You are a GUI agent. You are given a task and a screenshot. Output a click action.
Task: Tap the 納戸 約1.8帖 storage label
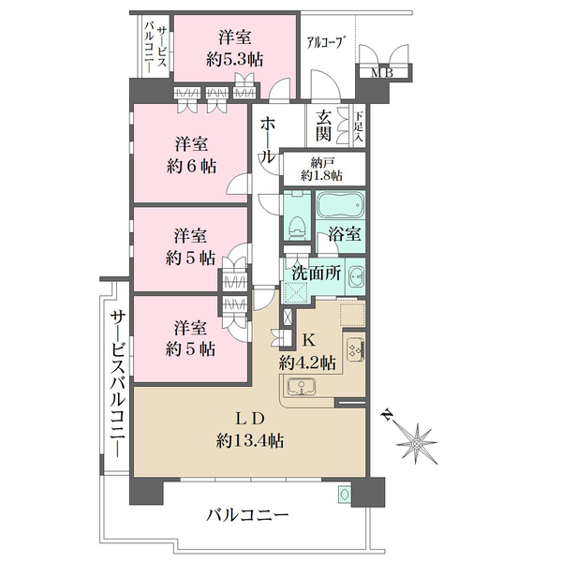[x=321, y=168]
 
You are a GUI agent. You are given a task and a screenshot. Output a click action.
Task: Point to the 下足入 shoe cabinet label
[x=357, y=126]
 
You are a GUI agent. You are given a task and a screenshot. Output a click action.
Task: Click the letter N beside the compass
[x=387, y=415]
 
